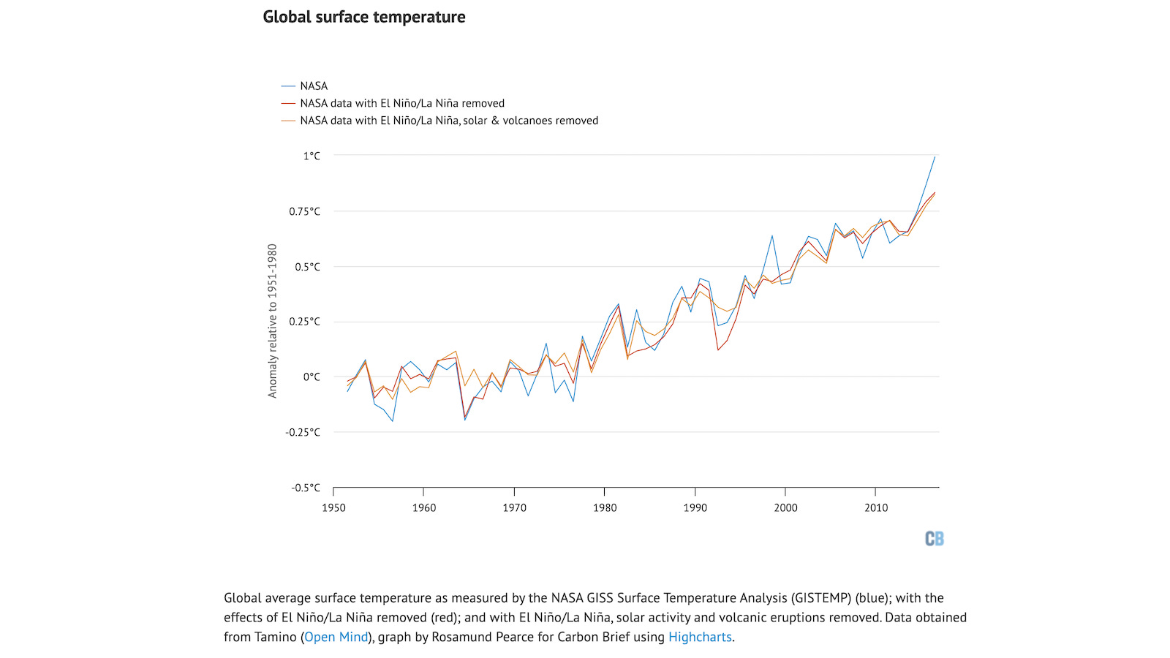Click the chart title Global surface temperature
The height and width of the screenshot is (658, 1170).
click(x=363, y=17)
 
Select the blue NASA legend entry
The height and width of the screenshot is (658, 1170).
click(x=313, y=86)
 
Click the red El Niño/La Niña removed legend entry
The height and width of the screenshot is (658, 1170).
click(x=401, y=104)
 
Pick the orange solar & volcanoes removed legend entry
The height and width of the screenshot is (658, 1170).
click(x=448, y=121)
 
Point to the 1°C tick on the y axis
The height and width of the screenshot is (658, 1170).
click(x=312, y=156)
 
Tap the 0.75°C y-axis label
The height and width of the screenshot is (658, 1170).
click(x=304, y=211)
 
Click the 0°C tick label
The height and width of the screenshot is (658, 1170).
click(x=312, y=377)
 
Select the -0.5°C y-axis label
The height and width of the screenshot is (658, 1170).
click(x=306, y=488)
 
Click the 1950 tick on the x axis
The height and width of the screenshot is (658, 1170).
click(x=333, y=507)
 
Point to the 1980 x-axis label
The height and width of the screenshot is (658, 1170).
click(x=605, y=507)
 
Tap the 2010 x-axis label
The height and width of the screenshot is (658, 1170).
click(x=876, y=507)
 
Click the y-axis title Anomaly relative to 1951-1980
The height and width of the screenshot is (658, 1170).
click(x=273, y=321)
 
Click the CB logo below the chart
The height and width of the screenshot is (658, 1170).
click(x=934, y=539)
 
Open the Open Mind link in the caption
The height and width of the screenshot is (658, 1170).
click(x=336, y=637)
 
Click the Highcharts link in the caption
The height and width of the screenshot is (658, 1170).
click(x=700, y=637)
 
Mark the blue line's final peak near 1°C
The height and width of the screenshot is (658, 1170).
click(x=935, y=157)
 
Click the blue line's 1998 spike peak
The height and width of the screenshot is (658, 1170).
click(x=772, y=235)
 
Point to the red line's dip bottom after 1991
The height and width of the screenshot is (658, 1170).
click(x=718, y=349)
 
